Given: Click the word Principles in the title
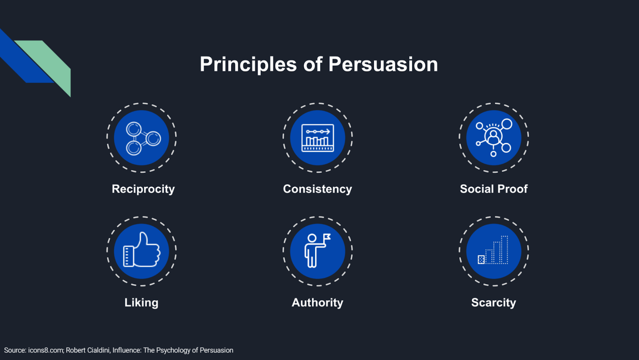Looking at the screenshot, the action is (248, 65).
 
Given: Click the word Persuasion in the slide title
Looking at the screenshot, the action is (383, 64).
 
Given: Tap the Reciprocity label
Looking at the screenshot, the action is (143, 189).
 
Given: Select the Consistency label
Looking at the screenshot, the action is (318, 189).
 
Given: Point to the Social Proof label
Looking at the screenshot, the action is (494, 189).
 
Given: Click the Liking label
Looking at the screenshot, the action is (141, 303).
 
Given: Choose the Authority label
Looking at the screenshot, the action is (318, 303).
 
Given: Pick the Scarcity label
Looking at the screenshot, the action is (494, 303).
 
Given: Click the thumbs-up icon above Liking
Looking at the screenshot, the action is (141, 250).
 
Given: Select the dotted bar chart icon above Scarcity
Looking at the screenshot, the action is (493, 250).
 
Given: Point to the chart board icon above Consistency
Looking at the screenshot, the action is (318, 138).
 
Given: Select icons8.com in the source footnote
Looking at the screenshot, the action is (46, 350).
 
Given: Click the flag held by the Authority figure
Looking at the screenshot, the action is (327, 237).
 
